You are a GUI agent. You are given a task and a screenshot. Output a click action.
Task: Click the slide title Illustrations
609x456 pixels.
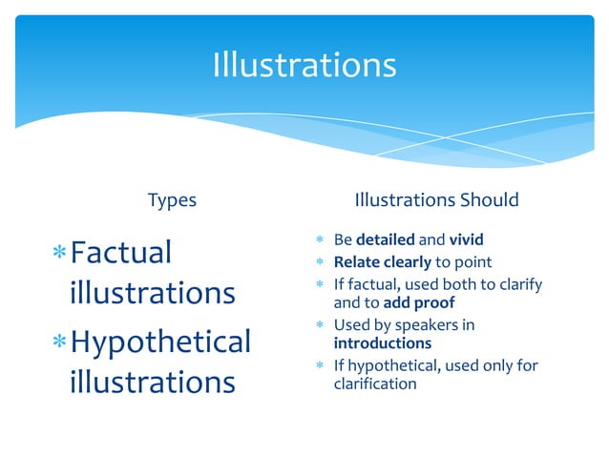(304, 65)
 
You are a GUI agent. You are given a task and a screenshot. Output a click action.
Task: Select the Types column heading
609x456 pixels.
(172, 200)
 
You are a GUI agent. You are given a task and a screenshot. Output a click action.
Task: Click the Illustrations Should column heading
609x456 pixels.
(436, 200)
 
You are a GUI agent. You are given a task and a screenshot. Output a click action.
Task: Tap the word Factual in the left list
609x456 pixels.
(121, 253)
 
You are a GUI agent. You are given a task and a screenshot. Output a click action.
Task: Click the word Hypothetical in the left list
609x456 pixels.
(160, 342)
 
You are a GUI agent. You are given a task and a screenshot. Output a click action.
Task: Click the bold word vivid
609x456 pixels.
(466, 238)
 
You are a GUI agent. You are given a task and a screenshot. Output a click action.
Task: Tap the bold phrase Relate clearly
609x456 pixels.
(382, 261)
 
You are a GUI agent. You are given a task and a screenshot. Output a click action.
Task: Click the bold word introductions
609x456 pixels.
(382, 342)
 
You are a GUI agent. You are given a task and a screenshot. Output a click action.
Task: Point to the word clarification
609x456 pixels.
(375, 383)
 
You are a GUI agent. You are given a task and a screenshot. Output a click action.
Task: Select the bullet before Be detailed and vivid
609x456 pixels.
(321, 239)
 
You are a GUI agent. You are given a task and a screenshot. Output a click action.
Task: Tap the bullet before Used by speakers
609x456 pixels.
(321, 326)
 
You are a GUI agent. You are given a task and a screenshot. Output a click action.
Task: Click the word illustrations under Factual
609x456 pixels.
(153, 292)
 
